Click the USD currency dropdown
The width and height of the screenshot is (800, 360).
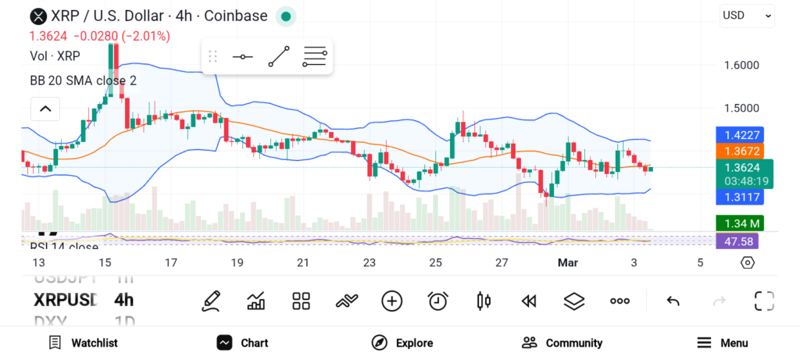(747, 15)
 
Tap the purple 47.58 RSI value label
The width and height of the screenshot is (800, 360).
(738, 241)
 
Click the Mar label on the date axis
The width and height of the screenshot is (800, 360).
(567, 263)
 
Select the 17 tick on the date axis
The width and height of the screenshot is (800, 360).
(171, 263)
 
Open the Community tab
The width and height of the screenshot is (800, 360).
(562, 343)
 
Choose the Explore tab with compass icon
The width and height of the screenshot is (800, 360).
(402, 343)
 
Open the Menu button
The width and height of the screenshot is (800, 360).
(723, 343)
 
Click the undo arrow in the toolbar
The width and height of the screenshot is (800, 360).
(673, 301)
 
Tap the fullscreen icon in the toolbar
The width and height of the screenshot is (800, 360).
(763, 301)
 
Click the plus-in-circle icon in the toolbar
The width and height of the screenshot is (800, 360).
(391, 301)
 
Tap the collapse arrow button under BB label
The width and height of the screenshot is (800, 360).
(45, 109)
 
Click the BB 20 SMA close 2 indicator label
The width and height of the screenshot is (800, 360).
(83, 80)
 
